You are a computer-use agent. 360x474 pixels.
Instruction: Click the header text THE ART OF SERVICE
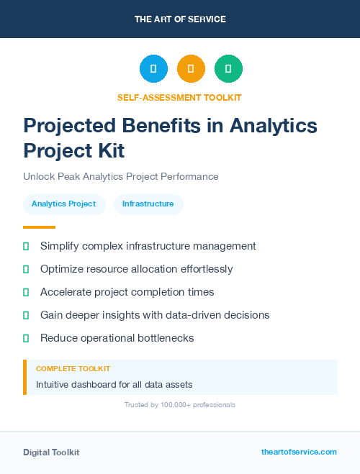[180, 19]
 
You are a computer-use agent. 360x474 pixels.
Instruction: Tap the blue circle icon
[153, 69]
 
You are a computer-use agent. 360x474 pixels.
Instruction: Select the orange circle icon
[191, 69]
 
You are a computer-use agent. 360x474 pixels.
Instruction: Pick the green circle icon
[228, 69]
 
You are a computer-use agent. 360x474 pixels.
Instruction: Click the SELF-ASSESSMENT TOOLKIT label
[180, 97]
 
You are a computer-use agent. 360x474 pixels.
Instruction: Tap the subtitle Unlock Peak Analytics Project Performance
[120, 176]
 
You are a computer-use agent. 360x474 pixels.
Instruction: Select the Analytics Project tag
[64, 204]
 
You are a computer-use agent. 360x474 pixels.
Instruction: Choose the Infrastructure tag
[148, 204]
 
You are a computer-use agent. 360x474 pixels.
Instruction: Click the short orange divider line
[40, 227]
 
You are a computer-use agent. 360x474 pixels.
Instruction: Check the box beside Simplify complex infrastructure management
[26, 246]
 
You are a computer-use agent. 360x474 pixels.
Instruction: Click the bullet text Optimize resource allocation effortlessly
[136, 269]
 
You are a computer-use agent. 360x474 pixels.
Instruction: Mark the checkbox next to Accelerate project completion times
[26, 292]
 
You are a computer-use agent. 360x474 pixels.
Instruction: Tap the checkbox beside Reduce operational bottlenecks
[26, 338]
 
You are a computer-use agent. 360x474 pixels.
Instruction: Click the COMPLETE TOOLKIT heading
[73, 368]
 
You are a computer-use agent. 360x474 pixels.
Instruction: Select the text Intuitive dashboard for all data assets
[114, 385]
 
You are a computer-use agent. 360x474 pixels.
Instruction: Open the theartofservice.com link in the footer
[299, 452]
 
